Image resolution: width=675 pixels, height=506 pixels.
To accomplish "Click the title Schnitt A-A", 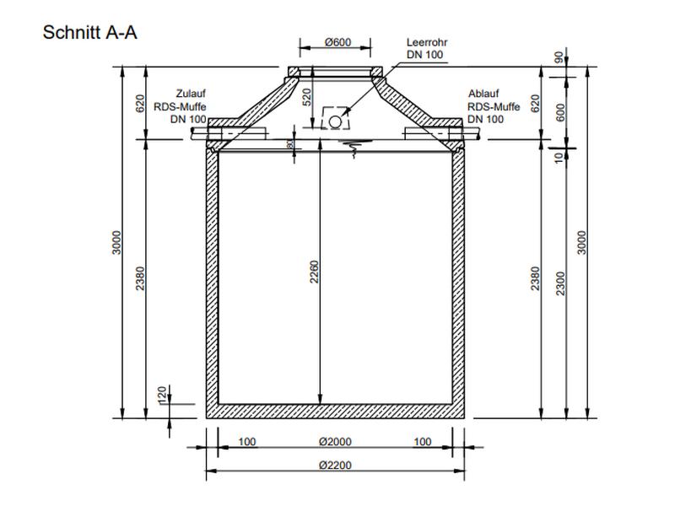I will click(89, 33).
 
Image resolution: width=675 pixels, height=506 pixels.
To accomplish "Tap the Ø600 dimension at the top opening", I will click(337, 43).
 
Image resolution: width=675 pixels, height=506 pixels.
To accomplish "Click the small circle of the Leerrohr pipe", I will click(335, 121).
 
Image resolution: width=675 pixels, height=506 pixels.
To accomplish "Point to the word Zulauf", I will click(191, 94).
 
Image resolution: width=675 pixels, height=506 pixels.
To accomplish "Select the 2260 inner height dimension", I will click(313, 274).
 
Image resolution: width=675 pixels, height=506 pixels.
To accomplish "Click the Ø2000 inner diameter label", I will click(335, 442).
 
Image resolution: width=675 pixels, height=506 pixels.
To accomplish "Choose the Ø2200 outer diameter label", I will click(335, 466).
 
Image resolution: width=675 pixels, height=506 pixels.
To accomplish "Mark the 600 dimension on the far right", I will click(559, 111).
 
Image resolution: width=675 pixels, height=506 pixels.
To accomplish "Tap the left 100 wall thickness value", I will click(247, 442).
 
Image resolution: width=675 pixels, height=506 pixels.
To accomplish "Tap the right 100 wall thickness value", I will click(423, 442).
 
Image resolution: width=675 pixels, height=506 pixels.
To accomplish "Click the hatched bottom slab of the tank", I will click(335, 412).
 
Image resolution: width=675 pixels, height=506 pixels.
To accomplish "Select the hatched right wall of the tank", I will click(459, 278).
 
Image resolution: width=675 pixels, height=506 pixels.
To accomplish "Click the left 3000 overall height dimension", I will click(117, 242).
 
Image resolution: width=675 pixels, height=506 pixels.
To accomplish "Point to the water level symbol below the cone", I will click(352, 148).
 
